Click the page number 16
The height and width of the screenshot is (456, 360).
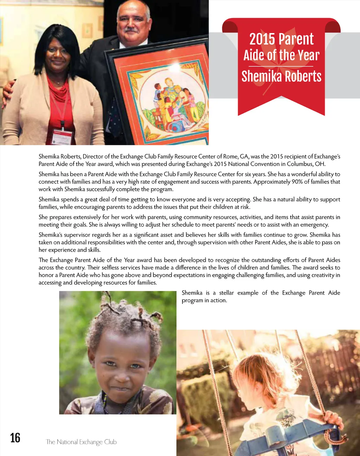pyautogui.click(x=15, y=438)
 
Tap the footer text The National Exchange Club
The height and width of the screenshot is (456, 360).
pyautogui.click(x=81, y=442)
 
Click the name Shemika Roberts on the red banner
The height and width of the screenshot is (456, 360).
pyautogui.click(x=281, y=76)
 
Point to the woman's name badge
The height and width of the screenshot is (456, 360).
pyautogui.click(x=62, y=137)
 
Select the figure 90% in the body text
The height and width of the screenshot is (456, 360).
pyautogui.click(x=297, y=182)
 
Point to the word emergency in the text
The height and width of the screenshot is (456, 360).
pyautogui.click(x=314, y=225)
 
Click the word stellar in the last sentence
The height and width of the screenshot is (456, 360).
pyautogui.click(x=226, y=293)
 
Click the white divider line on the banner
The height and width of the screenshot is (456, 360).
pyautogui.click(x=281, y=66)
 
